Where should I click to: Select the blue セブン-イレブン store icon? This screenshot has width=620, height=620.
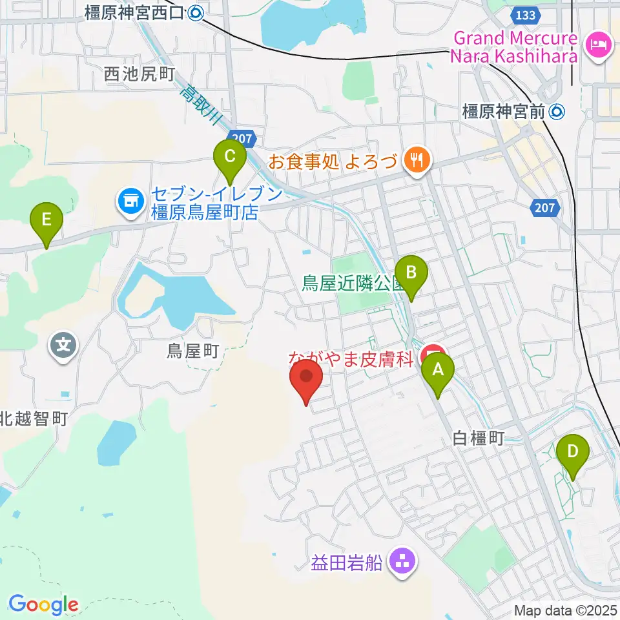pos(131,201)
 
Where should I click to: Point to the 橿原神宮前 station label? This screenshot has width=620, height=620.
pos(504,112)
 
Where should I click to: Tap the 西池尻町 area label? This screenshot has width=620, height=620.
pos(139,74)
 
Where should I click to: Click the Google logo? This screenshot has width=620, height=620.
pos(43,604)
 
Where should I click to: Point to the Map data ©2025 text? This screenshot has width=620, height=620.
pos(566,610)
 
